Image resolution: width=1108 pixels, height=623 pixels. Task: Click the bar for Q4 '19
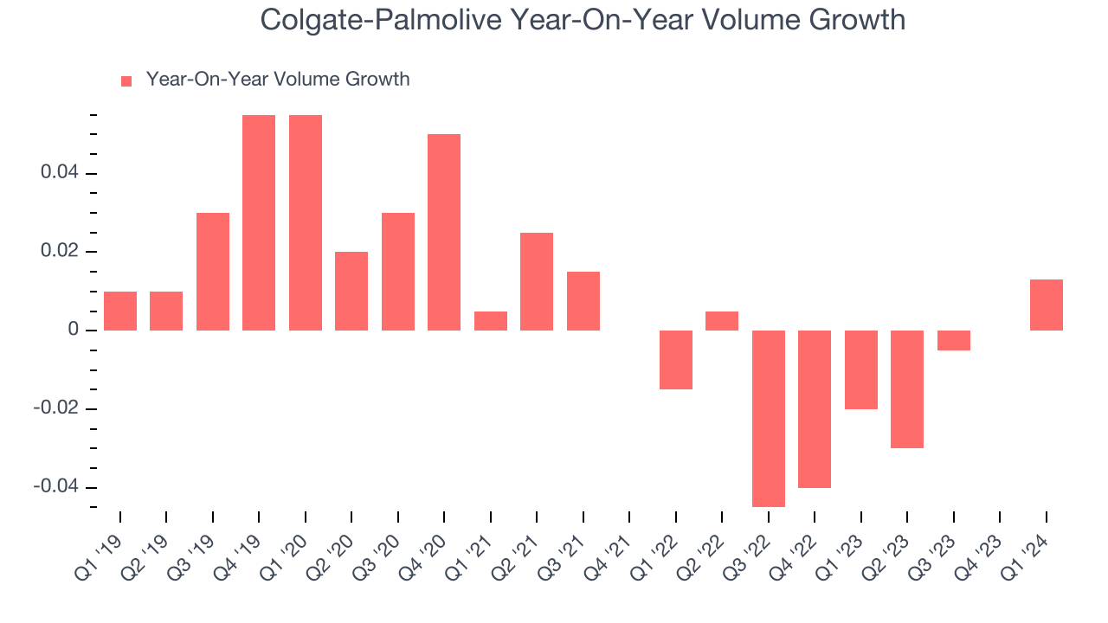pos(259,222)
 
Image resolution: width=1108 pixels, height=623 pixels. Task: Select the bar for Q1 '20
pos(306,222)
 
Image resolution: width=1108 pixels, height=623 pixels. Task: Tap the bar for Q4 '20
pos(444,232)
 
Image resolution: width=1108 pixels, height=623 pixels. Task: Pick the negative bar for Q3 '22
pos(769,419)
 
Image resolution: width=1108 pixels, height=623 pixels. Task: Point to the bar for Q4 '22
pos(815,409)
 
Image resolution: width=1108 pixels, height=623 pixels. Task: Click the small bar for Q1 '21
pos(491,321)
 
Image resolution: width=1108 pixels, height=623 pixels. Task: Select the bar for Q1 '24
pos(1047,305)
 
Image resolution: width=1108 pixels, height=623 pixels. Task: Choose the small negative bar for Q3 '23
pos(954,340)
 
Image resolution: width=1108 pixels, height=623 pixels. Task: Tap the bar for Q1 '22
pos(676,360)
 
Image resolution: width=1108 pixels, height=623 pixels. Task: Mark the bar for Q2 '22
pos(722,321)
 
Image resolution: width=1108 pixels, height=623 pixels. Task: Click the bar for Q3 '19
pos(213,272)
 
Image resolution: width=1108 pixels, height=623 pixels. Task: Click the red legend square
pos(126,80)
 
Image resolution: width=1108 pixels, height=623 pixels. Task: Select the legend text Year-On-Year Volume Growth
pos(278,80)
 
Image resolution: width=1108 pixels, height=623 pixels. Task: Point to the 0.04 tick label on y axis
pos(60,173)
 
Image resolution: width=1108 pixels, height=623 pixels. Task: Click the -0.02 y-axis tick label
pos(56,408)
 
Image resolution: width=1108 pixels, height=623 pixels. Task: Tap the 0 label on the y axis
pos(75,331)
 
